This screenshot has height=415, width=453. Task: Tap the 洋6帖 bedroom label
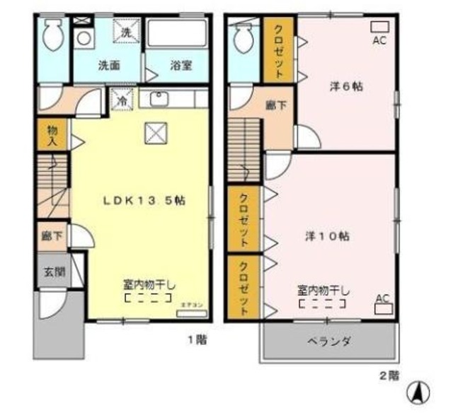click(x=345, y=88)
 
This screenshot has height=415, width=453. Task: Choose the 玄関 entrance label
click(x=53, y=271)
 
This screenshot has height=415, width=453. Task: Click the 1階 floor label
click(x=197, y=341)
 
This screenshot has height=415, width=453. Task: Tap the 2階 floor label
click(x=389, y=376)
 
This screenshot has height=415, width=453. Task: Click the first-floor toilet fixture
click(x=52, y=32)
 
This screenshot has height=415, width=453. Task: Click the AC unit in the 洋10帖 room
click(x=383, y=308)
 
